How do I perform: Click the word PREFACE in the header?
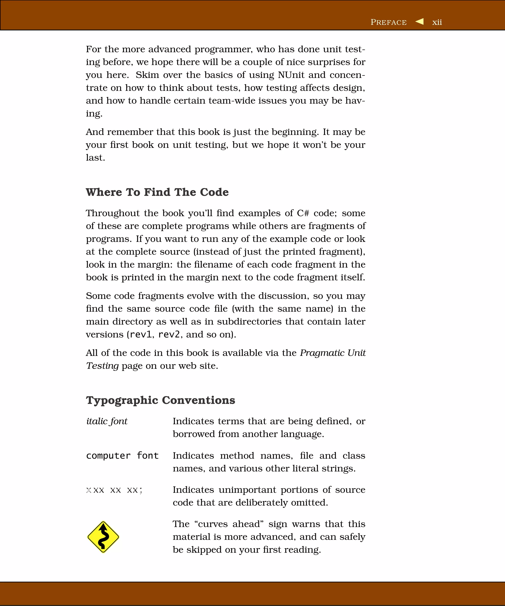click(x=388, y=22)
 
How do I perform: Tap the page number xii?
click(x=437, y=22)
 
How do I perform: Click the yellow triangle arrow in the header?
click(x=420, y=21)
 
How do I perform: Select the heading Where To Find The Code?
click(x=157, y=192)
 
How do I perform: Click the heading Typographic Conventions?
click(x=161, y=400)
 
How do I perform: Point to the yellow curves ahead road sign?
click(x=103, y=537)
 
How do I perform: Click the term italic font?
click(x=107, y=421)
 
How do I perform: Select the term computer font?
click(x=122, y=456)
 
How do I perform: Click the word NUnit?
click(x=291, y=75)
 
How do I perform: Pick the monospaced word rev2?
click(x=169, y=335)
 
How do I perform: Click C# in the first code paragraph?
click(x=303, y=213)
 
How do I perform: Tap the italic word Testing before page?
click(x=102, y=366)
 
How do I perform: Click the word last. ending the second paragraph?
click(x=95, y=158)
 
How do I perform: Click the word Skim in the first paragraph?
click(x=147, y=75)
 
